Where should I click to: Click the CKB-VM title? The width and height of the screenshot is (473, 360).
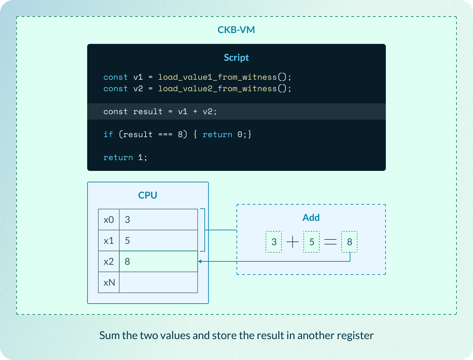[236, 30]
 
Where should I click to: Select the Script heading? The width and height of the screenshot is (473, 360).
[236, 58]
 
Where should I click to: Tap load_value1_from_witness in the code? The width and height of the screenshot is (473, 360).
[217, 77]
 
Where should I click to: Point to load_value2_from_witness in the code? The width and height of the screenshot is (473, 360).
[217, 89]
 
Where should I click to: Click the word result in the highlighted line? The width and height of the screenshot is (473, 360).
[148, 112]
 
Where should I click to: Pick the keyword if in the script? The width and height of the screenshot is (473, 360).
[108, 134]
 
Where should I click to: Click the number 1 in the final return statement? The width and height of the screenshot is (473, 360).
[141, 158]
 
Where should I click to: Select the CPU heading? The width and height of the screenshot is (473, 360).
[148, 195]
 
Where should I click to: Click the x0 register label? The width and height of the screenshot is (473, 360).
[109, 220]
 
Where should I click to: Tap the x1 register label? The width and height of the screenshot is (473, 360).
[109, 241]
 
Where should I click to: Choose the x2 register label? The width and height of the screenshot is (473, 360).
[109, 262]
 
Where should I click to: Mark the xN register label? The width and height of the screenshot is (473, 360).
[109, 283]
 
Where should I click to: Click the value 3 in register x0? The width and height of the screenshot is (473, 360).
[127, 220]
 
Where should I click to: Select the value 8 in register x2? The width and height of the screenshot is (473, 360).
[127, 262]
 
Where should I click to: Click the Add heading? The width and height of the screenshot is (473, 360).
[311, 217]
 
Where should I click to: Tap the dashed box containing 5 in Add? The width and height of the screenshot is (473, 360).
[312, 242]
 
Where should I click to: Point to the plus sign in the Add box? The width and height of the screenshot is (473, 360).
[293, 242]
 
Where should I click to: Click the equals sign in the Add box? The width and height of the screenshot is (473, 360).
[330, 242]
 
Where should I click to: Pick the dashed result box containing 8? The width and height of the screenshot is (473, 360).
[349, 242]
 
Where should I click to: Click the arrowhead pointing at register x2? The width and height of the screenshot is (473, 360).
[200, 261]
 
